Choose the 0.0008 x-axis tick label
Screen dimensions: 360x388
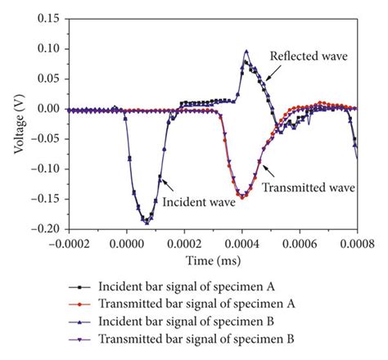coord(357,244)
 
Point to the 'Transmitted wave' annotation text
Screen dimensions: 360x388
coord(308,187)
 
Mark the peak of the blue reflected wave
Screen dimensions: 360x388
coord(246,52)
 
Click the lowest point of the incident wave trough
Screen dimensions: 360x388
coord(147,222)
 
